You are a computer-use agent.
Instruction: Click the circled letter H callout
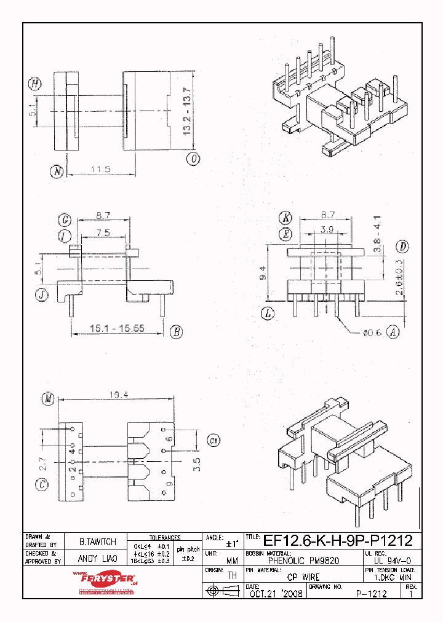pyautogui.click(x=35, y=84)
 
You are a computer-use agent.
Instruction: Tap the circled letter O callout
pyautogui.click(x=194, y=159)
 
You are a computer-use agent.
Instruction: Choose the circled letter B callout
pyautogui.click(x=176, y=332)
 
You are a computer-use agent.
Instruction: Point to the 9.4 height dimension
pyautogui.click(x=262, y=272)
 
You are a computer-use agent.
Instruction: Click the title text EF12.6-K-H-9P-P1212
pyautogui.click(x=337, y=541)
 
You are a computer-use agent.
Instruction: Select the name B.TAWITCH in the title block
pyautogui.click(x=98, y=542)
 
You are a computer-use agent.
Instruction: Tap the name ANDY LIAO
pyautogui.click(x=98, y=559)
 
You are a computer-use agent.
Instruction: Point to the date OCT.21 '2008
pyautogui.click(x=275, y=594)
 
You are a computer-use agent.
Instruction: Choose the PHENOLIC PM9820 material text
pyautogui.click(x=304, y=561)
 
